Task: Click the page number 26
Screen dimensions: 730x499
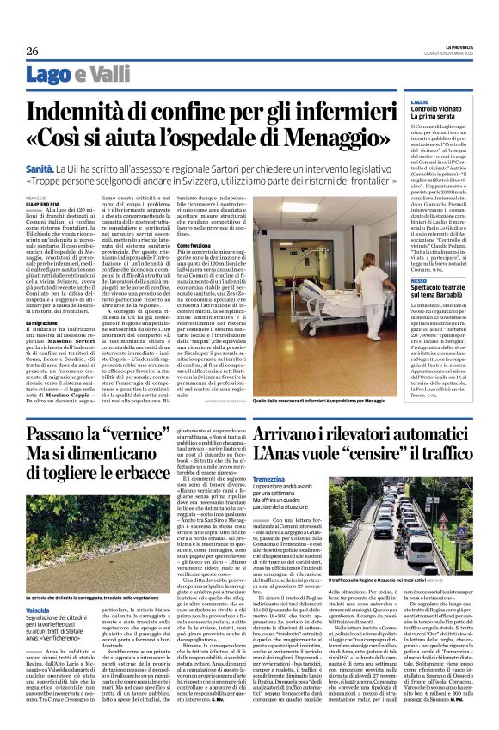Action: click(x=33, y=52)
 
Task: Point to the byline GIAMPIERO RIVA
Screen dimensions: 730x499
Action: click(x=45, y=203)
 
